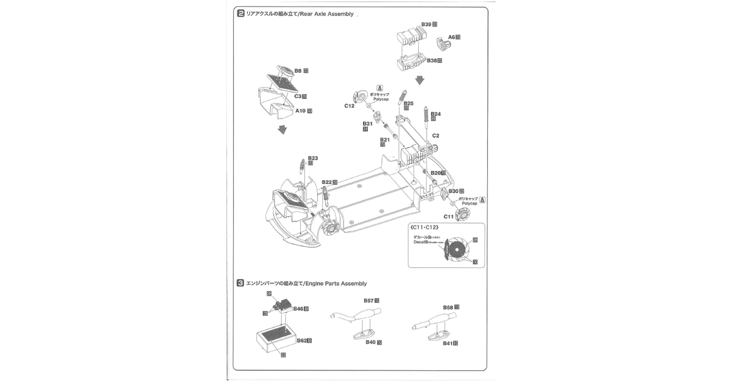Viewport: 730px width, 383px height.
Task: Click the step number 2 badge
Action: pyautogui.click(x=241, y=14)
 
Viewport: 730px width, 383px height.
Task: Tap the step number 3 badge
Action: pyautogui.click(x=241, y=283)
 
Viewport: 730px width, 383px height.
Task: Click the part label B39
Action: pyautogui.click(x=426, y=24)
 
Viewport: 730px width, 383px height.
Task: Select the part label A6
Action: pyautogui.click(x=452, y=37)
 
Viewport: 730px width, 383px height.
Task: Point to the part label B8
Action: pyautogui.click(x=298, y=71)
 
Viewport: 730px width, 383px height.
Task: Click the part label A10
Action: pyautogui.click(x=301, y=111)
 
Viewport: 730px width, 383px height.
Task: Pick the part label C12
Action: pyautogui.click(x=349, y=106)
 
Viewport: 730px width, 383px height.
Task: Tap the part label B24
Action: pyautogui.click(x=435, y=114)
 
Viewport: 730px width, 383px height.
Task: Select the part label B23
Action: pyautogui.click(x=313, y=158)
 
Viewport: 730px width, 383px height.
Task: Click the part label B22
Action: pyautogui.click(x=327, y=182)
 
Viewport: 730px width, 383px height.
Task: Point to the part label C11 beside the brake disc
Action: pyautogui.click(x=448, y=217)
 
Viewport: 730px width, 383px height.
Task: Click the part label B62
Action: pyautogui.click(x=301, y=341)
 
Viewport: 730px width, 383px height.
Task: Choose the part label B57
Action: pyautogui.click(x=369, y=301)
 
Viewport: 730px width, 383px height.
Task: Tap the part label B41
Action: pyautogui.click(x=447, y=343)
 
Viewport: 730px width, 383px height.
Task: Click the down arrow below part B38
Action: pyautogui.click(x=420, y=81)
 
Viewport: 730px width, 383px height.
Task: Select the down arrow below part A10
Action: pyautogui.click(x=283, y=130)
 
